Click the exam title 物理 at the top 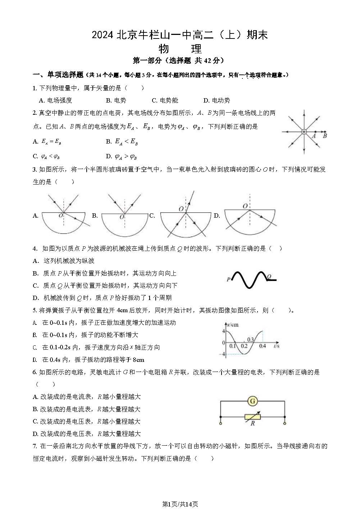pos(180,49)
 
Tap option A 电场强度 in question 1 pos(55,100)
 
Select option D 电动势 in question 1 pos(217,100)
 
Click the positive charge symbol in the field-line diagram pos(304,132)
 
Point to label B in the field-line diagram pos(325,136)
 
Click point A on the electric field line pos(315,132)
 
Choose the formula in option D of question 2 pos(126,156)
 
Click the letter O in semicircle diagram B pos(122,217)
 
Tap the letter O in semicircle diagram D pos(245,206)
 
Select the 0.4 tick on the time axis pos(263,346)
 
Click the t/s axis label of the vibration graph pos(276,346)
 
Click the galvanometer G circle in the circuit pos(253,401)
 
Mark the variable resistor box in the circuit pos(252,417)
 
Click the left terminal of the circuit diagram pos(220,423)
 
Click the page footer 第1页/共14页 pos(180,504)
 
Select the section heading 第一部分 pos(147,61)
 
